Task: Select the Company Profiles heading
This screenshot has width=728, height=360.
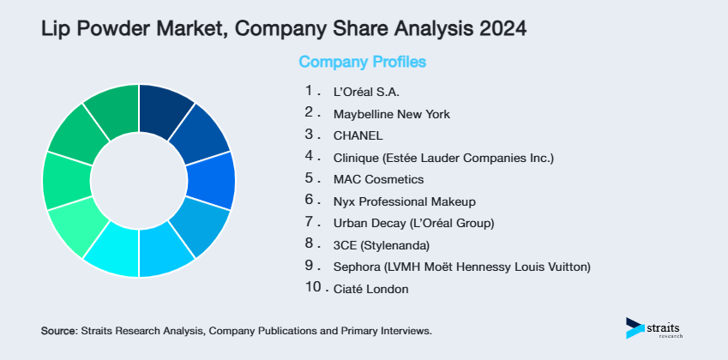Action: [362, 62]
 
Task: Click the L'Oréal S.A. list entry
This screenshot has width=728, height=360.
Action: [367, 91]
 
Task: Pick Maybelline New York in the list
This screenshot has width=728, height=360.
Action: [391, 113]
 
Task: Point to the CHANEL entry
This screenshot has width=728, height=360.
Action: [358, 135]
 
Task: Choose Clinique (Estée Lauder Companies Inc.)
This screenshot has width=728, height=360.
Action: [444, 158]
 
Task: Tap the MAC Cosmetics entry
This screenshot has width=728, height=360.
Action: [378, 179]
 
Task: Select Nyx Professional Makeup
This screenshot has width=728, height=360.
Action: [404, 201]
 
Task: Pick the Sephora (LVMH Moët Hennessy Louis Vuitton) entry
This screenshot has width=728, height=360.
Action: [461, 267]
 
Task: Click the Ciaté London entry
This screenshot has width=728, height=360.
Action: [371, 289]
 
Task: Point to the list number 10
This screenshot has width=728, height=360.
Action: [313, 288]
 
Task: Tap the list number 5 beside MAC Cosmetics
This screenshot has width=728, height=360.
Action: [310, 178]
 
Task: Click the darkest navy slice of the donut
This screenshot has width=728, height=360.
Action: [165, 110]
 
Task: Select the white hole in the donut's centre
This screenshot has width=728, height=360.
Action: [139, 181]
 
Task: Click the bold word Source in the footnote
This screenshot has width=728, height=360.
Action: [57, 330]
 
